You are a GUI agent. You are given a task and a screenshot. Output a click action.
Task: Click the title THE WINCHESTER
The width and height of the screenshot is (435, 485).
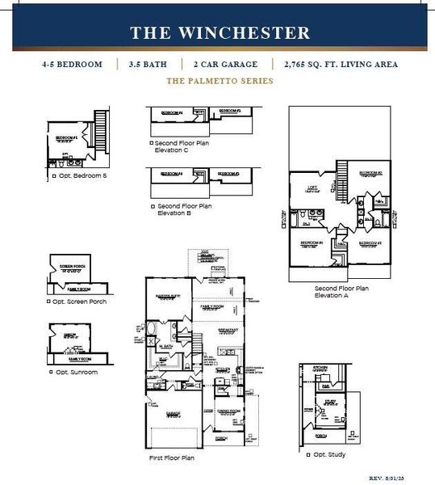tap(220, 33)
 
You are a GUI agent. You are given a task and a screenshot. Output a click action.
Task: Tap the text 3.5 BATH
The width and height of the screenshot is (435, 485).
tap(150, 64)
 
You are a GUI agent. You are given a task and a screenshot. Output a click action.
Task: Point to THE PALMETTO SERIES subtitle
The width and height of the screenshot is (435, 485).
tap(220, 81)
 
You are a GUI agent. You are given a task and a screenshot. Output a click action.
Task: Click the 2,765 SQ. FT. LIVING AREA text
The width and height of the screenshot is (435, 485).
tap(341, 64)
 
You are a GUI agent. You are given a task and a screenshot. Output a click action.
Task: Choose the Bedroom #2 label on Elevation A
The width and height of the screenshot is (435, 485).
tap(370, 173)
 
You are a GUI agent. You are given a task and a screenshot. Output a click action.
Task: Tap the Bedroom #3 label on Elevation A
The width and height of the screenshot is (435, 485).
tap(370, 243)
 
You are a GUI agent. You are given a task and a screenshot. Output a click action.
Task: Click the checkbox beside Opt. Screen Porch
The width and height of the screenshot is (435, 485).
tap(50, 302)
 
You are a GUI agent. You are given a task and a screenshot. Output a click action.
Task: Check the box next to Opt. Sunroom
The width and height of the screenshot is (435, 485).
tap(52, 372)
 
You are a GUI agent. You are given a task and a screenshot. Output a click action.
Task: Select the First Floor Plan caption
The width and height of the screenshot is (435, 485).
tap(172, 458)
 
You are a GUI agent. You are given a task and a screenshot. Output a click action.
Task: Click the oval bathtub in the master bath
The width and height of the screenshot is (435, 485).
tap(153, 329)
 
